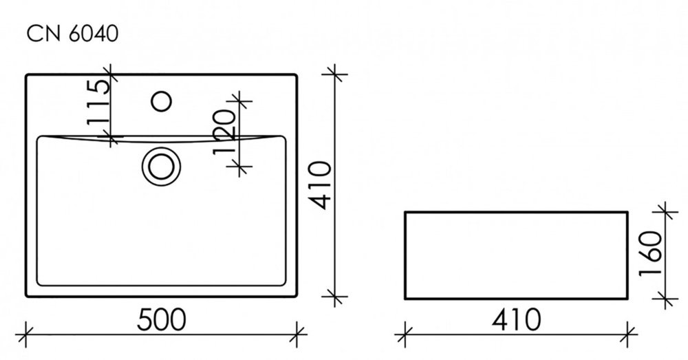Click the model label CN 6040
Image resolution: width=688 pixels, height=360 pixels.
click(x=72, y=34)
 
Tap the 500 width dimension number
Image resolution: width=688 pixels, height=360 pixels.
click(x=162, y=319)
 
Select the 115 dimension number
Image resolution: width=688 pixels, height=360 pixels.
click(x=98, y=102)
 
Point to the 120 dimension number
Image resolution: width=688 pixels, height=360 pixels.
click(x=225, y=131)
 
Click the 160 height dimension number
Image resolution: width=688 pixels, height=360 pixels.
click(x=650, y=253)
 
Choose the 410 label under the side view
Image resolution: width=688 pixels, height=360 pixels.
click(x=516, y=319)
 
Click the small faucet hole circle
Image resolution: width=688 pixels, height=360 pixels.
click(x=161, y=101)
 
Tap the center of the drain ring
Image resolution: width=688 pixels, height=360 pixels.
click(x=161, y=167)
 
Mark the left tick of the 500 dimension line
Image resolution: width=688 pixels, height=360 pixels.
click(x=26, y=335)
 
